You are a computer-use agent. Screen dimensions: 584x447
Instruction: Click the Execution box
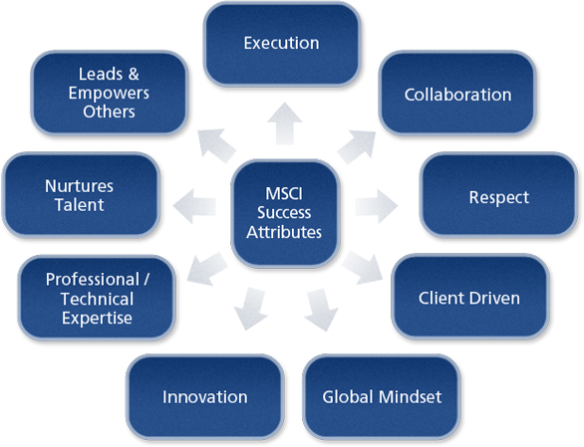point(282,45)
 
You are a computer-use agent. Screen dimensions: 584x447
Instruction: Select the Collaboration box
point(457,93)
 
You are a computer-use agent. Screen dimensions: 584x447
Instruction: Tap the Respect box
point(498,195)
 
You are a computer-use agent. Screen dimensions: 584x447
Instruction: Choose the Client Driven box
point(470,297)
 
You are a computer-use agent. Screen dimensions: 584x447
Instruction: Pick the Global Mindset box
point(382,397)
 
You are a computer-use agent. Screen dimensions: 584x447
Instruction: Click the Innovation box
point(205,397)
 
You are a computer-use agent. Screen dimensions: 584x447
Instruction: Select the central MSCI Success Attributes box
point(285,213)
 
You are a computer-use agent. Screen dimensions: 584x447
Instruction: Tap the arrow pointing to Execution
point(285,123)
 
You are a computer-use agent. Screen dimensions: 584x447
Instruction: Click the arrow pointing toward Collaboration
point(357,146)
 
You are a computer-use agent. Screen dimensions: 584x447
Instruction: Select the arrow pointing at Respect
point(376,206)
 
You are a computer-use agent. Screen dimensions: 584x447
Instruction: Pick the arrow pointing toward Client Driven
point(363,268)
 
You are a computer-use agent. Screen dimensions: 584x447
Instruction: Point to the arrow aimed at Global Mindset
point(321,310)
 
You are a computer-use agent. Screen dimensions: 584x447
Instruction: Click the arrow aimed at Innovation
point(251,309)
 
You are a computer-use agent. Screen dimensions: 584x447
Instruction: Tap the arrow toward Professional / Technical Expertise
point(207,269)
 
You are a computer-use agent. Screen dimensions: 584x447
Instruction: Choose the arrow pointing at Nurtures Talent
point(194,206)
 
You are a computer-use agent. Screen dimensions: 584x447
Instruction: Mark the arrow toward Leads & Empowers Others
point(216,146)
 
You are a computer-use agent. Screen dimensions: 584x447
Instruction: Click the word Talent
point(80,205)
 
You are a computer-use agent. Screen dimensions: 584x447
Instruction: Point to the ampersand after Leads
point(134,74)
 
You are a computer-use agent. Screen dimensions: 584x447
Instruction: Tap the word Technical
point(97,299)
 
